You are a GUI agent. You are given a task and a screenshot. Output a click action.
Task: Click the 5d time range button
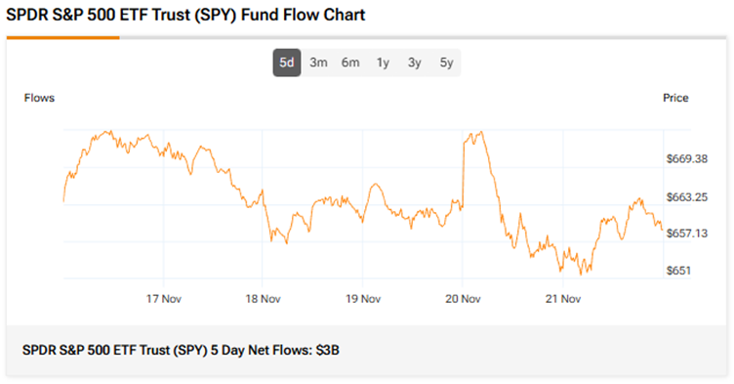[x=286, y=63]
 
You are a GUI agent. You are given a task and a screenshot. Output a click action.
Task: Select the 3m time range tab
[x=318, y=63]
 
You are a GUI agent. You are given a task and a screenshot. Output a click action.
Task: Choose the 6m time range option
[x=350, y=63]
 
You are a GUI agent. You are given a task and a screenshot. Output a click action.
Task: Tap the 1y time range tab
[x=383, y=63]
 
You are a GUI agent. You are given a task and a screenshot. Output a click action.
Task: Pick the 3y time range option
[x=414, y=63]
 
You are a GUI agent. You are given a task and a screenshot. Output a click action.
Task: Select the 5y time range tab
[x=446, y=63]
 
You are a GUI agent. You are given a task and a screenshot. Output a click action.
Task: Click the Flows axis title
[x=39, y=98]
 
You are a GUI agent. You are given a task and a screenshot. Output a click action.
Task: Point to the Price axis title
[x=675, y=98]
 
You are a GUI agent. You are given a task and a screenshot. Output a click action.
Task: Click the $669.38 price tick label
[x=687, y=159]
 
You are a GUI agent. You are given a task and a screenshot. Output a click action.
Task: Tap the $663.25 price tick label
[x=687, y=196]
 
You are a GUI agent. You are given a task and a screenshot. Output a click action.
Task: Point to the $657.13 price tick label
[x=687, y=234]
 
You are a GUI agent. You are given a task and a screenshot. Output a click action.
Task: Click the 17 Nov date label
[x=163, y=298]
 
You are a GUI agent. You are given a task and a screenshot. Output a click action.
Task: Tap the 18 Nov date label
[x=263, y=298]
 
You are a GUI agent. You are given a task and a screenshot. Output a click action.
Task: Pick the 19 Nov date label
[x=362, y=298]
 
